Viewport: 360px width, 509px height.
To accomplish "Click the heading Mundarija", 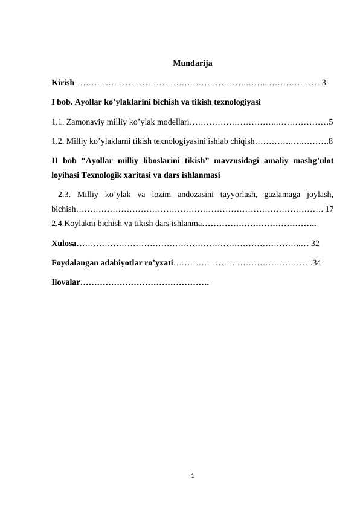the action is click(x=192, y=63).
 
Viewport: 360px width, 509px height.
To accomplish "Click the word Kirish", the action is click(x=63, y=82).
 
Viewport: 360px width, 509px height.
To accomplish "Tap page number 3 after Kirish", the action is click(x=324, y=82).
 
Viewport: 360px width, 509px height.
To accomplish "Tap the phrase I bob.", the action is click(x=60, y=102).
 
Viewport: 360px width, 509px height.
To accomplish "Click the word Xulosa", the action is click(x=63, y=244).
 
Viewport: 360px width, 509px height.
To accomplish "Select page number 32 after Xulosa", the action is click(x=315, y=244).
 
